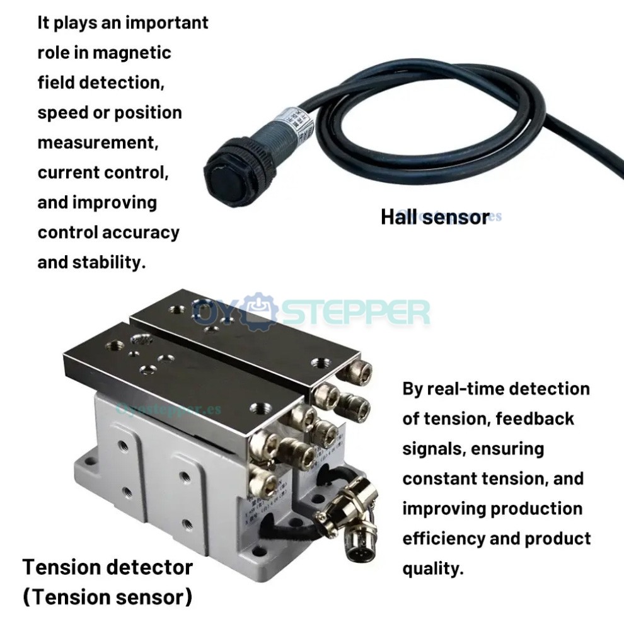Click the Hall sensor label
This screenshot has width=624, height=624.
(x=434, y=217)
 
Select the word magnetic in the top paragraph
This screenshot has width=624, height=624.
(x=132, y=52)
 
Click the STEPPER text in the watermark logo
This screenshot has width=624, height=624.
(x=354, y=312)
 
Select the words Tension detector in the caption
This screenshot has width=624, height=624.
(x=108, y=567)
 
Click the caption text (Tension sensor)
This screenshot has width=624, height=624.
(x=108, y=596)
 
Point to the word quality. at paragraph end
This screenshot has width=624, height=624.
(x=433, y=569)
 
